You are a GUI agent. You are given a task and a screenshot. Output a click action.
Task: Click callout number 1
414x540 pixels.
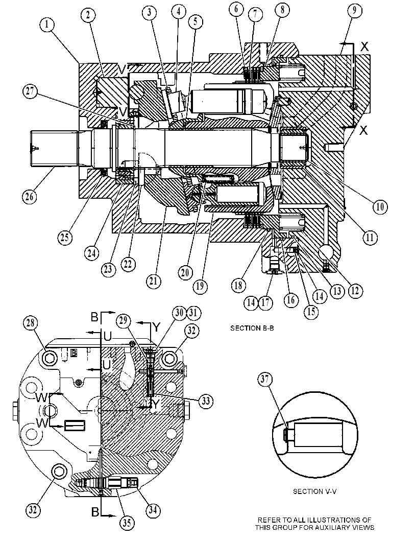(47, 25)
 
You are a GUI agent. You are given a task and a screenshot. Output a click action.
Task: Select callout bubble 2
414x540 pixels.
(89, 15)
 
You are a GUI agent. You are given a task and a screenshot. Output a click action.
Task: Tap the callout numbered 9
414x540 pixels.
(354, 11)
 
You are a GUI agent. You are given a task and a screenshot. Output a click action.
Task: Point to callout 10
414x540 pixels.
(380, 206)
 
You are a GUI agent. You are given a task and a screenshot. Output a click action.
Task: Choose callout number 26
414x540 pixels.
(30, 197)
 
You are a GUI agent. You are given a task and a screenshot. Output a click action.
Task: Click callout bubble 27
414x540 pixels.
(30, 92)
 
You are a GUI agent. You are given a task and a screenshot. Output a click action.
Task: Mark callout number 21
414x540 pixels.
(154, 281)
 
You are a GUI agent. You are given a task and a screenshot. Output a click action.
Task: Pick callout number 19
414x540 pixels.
(200, 286)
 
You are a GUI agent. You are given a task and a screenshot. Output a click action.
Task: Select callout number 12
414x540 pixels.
(355, 291)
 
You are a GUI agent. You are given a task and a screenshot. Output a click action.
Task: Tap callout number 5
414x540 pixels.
(196, 21)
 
